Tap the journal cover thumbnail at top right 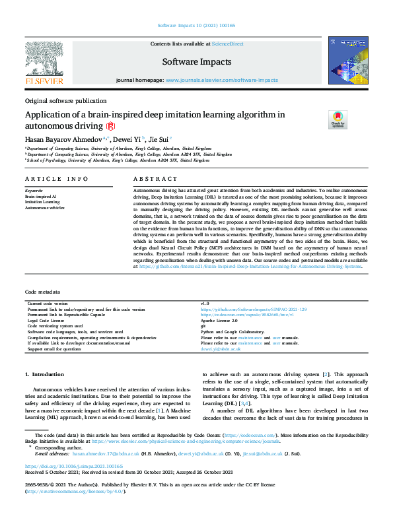[347, 63]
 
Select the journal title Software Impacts [197, 62]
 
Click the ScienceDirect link [227, 44]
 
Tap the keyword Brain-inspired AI [41, 196]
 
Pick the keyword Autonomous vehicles [45, 207]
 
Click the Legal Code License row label [49, 319]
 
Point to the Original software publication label [65, 101]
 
